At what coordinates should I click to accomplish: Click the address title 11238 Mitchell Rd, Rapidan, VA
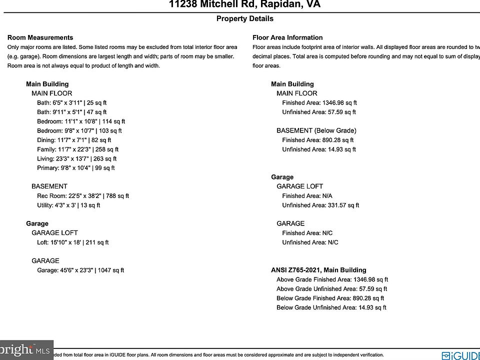244,5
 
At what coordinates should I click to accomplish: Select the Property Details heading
244,18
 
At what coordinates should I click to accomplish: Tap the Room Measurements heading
40,37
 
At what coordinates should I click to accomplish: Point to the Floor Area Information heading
287,37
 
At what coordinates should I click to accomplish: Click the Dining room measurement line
74,140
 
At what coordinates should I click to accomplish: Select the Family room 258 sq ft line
77,149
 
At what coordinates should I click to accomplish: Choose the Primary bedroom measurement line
75,168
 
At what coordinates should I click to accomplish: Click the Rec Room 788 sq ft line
83,196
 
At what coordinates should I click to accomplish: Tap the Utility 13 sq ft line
68,205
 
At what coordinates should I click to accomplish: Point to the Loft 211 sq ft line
72,242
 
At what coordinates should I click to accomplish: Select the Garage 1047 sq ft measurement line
80,270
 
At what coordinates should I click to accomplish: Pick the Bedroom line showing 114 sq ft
81,121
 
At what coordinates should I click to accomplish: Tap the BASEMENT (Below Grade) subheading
316,130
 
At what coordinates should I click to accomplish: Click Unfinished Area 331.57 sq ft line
320,205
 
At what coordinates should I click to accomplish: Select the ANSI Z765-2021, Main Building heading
318,270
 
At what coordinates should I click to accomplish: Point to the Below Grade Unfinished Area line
331,307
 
